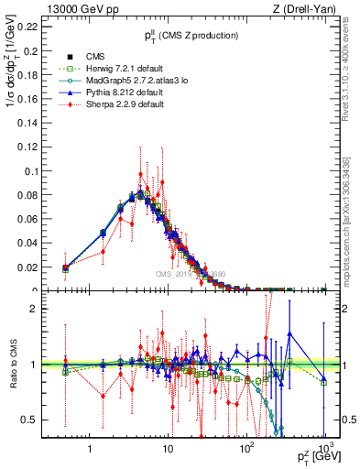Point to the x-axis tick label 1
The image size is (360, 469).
pos(90,451)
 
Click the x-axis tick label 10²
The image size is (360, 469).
pos(245,450)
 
